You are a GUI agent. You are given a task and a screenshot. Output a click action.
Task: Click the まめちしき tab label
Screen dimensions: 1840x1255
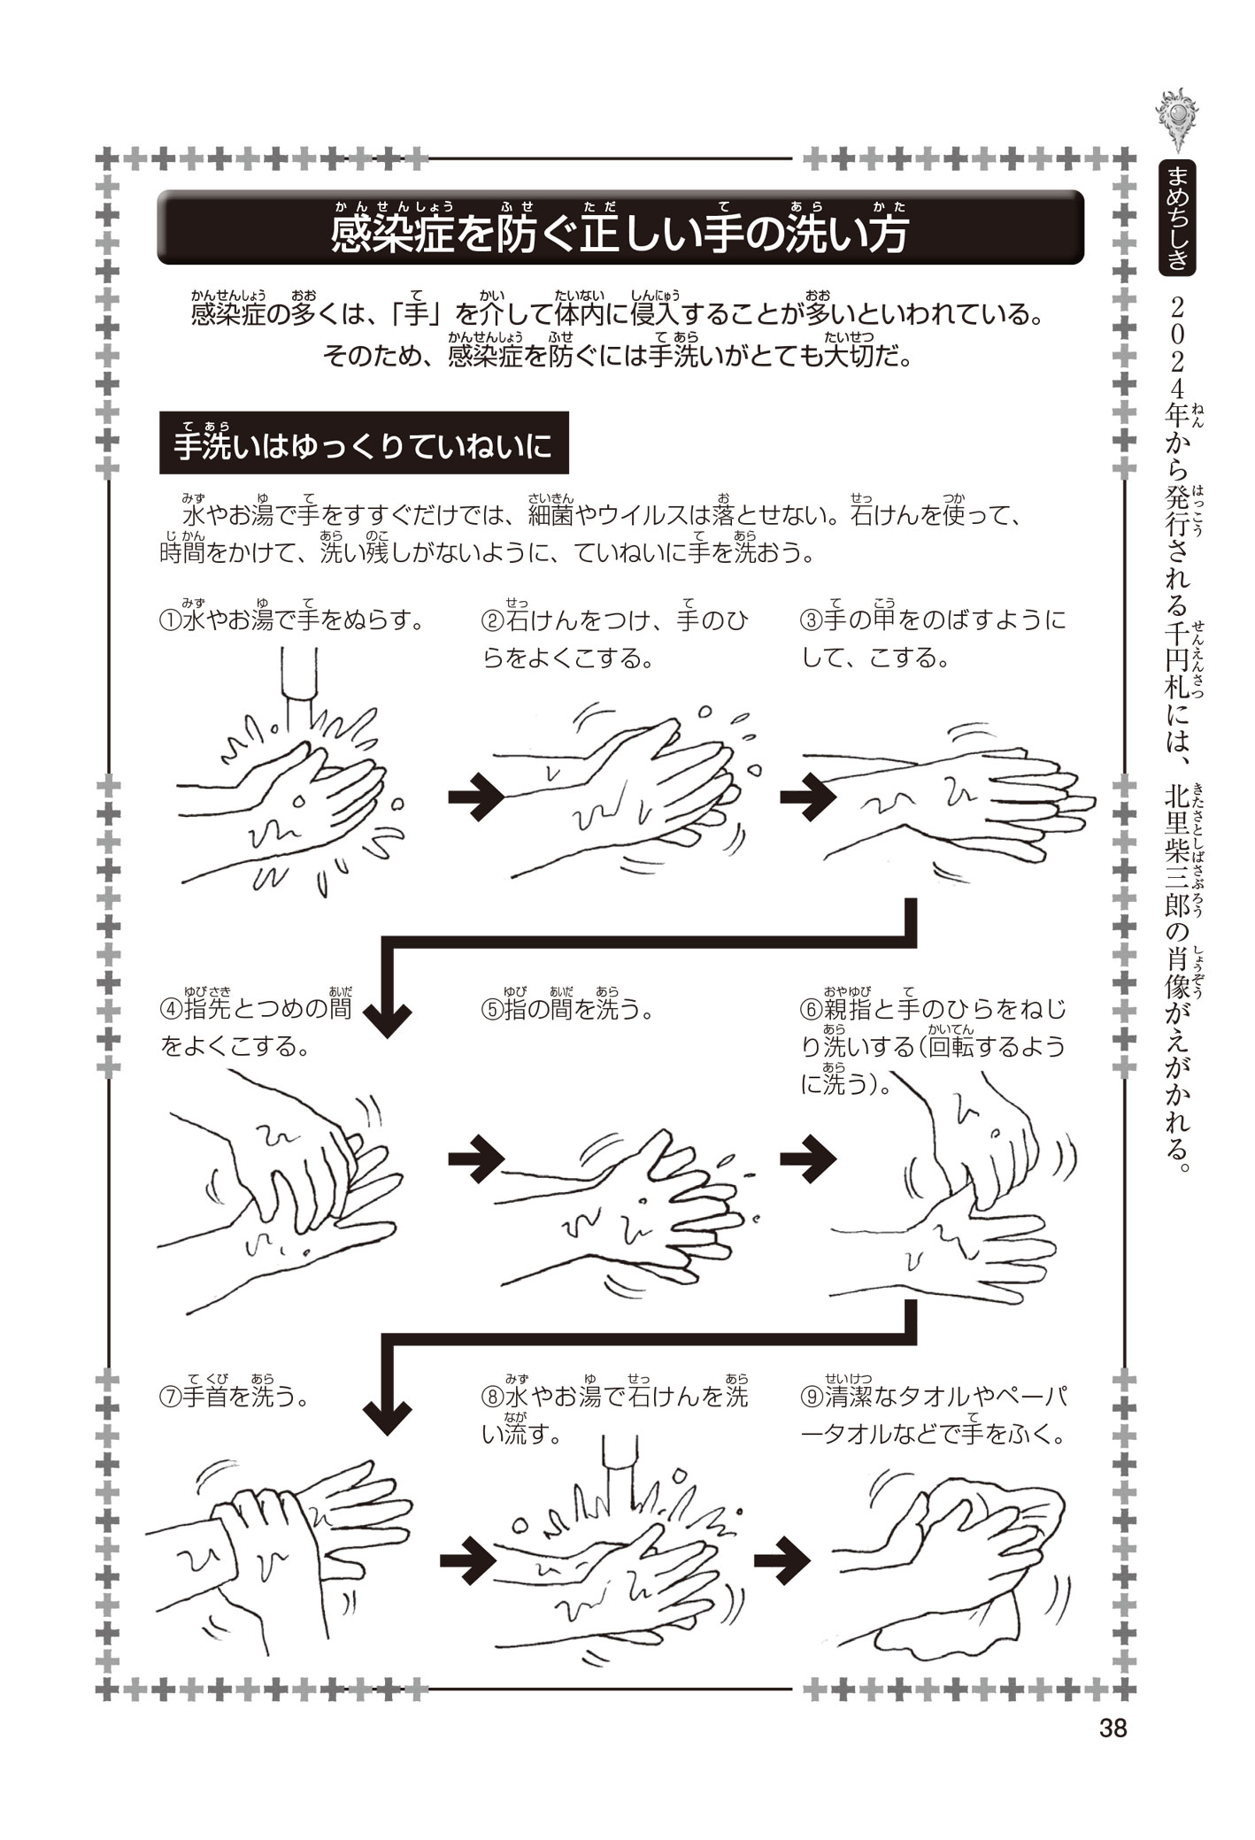(1177, 218)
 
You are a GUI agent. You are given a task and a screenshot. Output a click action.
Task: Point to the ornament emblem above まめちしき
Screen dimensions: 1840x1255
(1177, 119)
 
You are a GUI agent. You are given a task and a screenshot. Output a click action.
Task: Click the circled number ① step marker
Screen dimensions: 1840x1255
(170, 620)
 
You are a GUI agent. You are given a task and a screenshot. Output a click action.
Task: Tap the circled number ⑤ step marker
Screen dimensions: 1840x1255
(492, 1010)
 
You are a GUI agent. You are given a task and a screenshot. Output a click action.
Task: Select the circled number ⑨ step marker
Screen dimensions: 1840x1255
(812, 1397)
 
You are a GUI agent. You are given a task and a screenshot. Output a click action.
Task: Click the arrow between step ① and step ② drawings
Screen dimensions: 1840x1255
(475, 797)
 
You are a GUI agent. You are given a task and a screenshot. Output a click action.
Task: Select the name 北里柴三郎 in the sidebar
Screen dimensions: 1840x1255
(1177, 858)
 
